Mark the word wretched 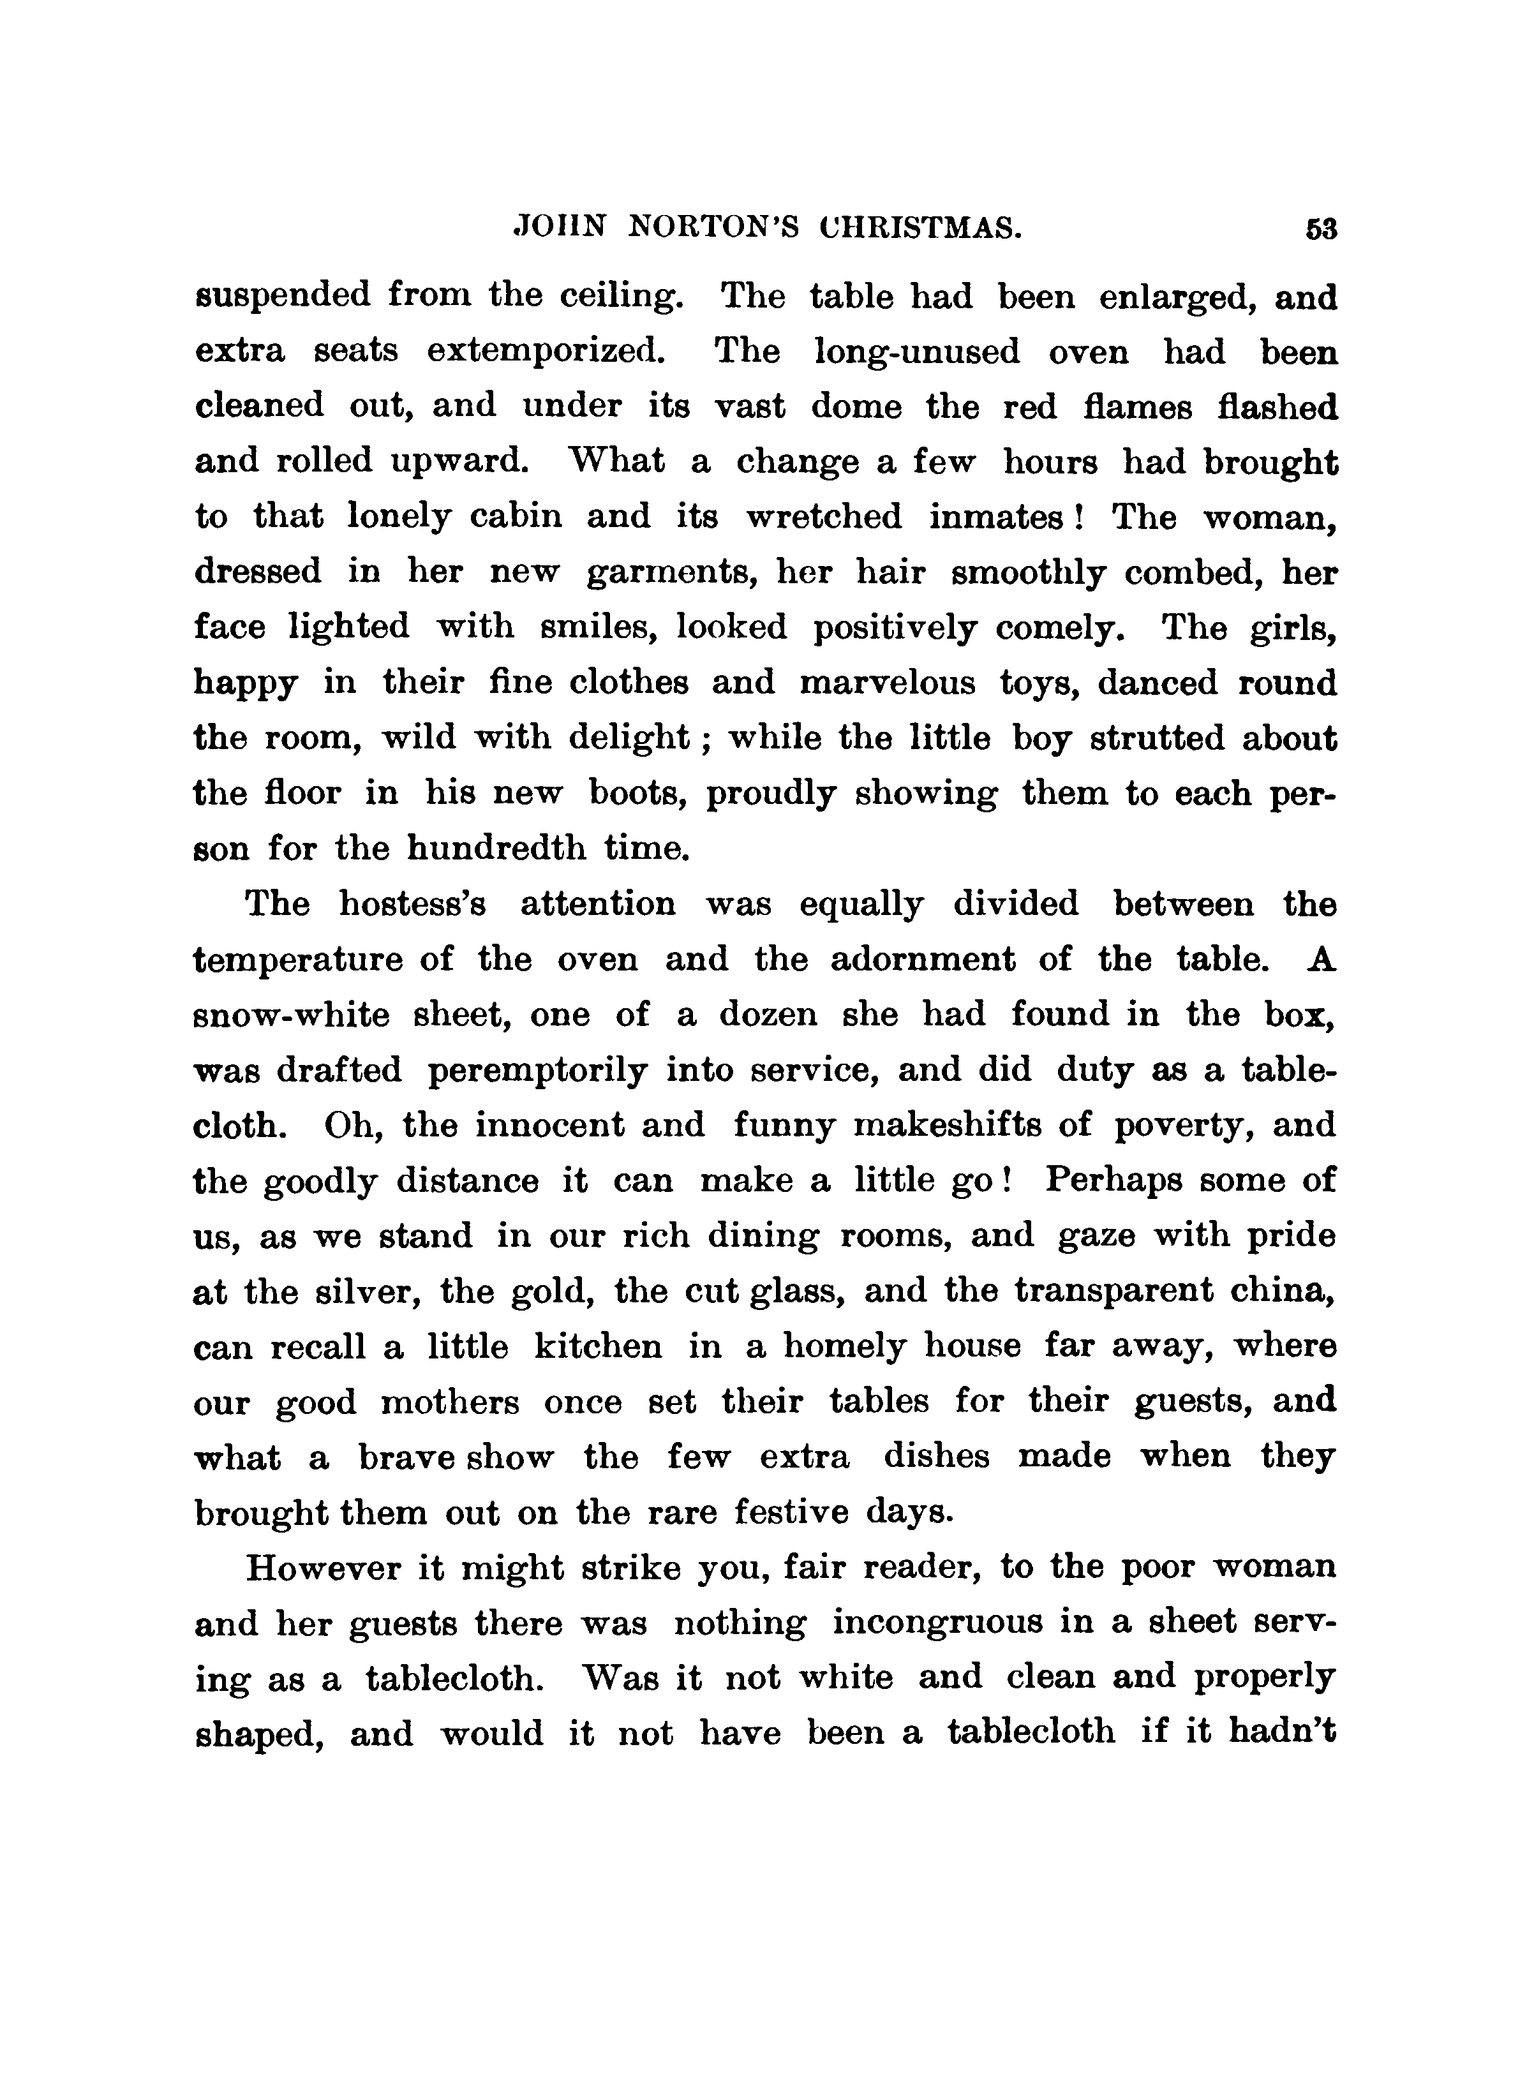point(824,516)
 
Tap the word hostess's point(412,904)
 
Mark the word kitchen point(598,1347)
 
